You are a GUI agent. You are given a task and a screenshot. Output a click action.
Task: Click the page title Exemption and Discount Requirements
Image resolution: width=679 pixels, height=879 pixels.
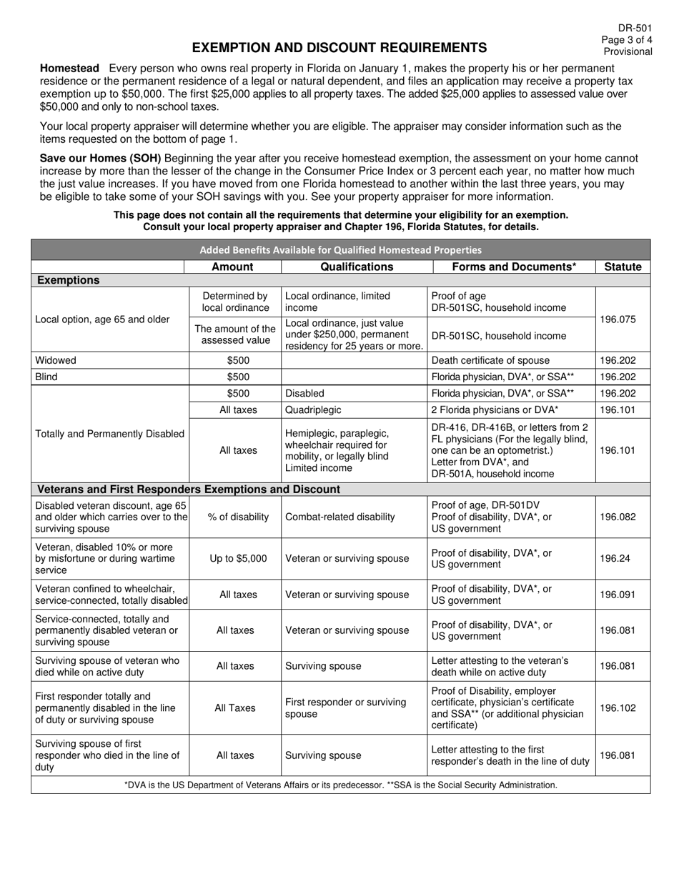339,48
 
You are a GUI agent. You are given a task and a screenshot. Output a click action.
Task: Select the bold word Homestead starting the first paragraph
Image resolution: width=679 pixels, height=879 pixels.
69,68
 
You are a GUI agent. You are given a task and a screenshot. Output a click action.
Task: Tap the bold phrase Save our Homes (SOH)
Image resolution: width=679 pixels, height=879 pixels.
100,159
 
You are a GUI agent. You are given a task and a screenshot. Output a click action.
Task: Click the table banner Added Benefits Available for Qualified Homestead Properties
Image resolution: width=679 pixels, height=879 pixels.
340,249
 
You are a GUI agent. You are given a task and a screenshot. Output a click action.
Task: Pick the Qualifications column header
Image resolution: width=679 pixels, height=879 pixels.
357,267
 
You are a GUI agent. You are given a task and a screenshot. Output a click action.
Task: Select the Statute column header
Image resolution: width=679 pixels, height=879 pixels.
623,267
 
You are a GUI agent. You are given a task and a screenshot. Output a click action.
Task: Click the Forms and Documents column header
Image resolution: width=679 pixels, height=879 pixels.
515,267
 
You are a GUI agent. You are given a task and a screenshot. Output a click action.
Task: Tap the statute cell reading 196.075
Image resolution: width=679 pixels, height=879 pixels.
623,319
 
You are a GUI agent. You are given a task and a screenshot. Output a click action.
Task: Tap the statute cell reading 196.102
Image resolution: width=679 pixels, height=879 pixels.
623,708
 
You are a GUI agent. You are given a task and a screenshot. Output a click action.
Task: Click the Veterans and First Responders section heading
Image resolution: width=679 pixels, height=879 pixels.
188,490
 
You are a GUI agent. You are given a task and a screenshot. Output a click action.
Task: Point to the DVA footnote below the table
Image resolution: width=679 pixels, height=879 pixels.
340,785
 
